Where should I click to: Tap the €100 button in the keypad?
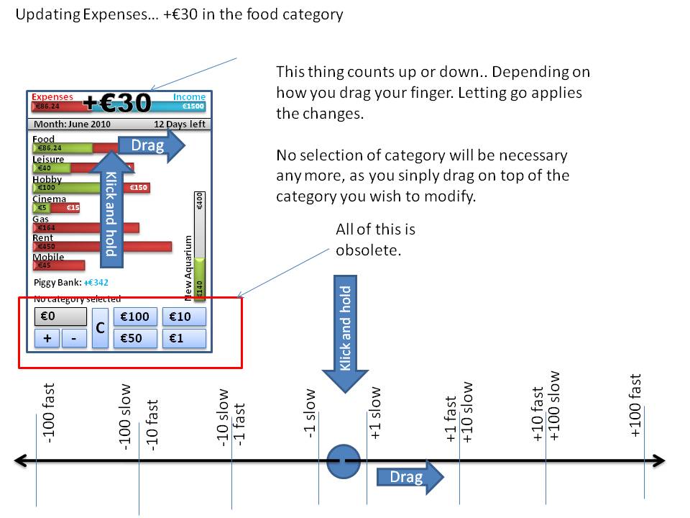click(135, 317)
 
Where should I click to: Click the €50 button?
click(135, 338)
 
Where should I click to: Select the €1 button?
click(184, 338)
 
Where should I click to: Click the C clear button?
click(101, 328)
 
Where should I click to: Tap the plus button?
click(47, 338)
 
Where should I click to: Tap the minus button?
click(73, 338)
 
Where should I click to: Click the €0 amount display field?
click(60, 317)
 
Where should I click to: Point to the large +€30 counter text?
click(117, 104)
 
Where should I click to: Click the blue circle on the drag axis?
click(343, 461)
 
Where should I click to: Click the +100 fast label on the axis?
click(635, 405)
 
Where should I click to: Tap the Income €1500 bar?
click(190, 106)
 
